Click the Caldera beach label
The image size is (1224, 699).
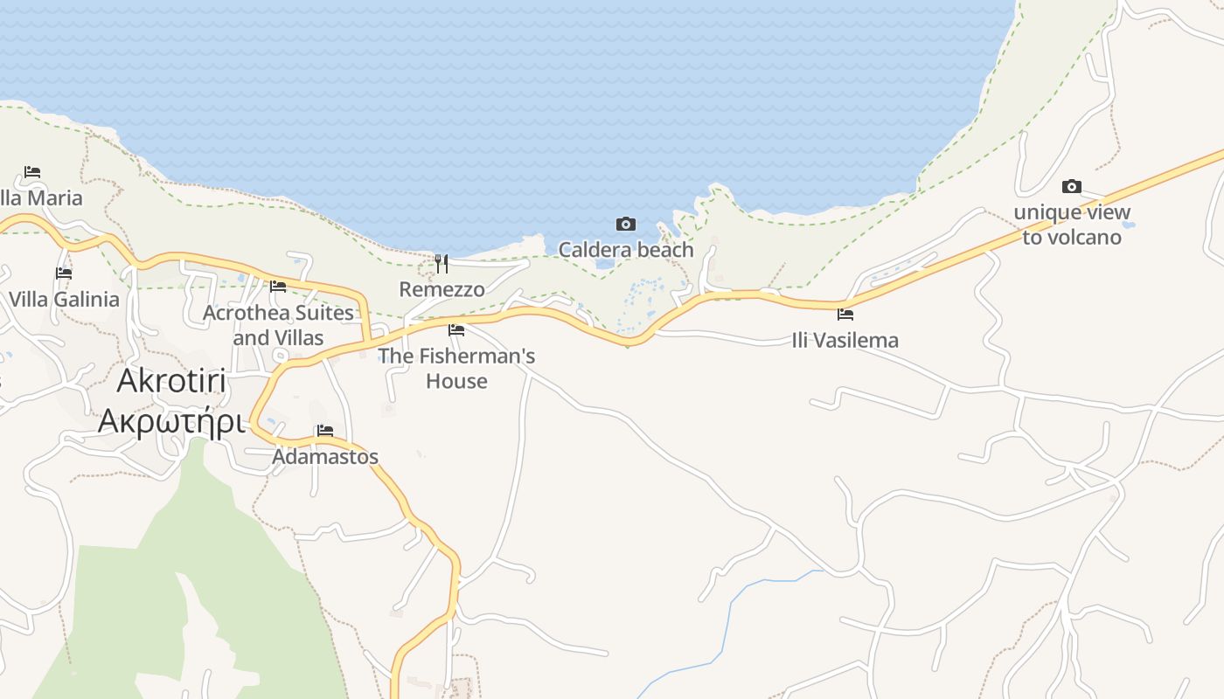click(x=626, y=250)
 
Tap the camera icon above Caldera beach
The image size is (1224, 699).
click(x=626, y=225)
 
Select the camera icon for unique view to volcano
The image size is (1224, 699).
click(x=1071, y=186)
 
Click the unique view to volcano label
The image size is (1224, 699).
click(x=1072, y=225)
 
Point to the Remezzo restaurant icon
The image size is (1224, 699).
click(x=442, y=263)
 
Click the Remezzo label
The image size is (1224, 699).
click(x=442, y=289)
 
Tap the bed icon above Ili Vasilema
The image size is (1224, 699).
click(x=845, y=315)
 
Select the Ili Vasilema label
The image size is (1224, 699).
click(x=845, y=340)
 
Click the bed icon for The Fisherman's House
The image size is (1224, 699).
click(x=456, y=330)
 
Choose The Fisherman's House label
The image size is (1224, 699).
click(x=456, y=369)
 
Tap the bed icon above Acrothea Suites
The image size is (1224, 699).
click(x=278, y=286)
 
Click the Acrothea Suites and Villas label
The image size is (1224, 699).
click(x=278, y=325)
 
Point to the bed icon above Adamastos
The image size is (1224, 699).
click(x=325, y=431)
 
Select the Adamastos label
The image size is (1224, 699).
click(x=325, y=456)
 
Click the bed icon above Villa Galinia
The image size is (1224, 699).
click(x=64, y=273)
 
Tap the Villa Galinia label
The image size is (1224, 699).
click(x=64, y=300)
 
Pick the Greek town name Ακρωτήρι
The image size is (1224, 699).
click(x=170, y=420)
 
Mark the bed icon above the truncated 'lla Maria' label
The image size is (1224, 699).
click(x=32, y=172)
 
